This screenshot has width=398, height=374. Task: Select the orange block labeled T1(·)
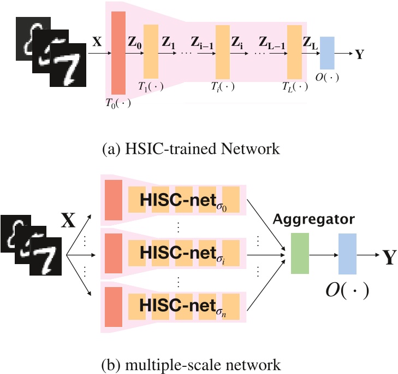coord(151,51)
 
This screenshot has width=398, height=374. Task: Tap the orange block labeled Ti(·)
coord(222,51)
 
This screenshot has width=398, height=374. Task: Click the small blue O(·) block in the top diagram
coord(327,53)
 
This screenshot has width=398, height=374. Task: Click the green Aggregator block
coord(300,250)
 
